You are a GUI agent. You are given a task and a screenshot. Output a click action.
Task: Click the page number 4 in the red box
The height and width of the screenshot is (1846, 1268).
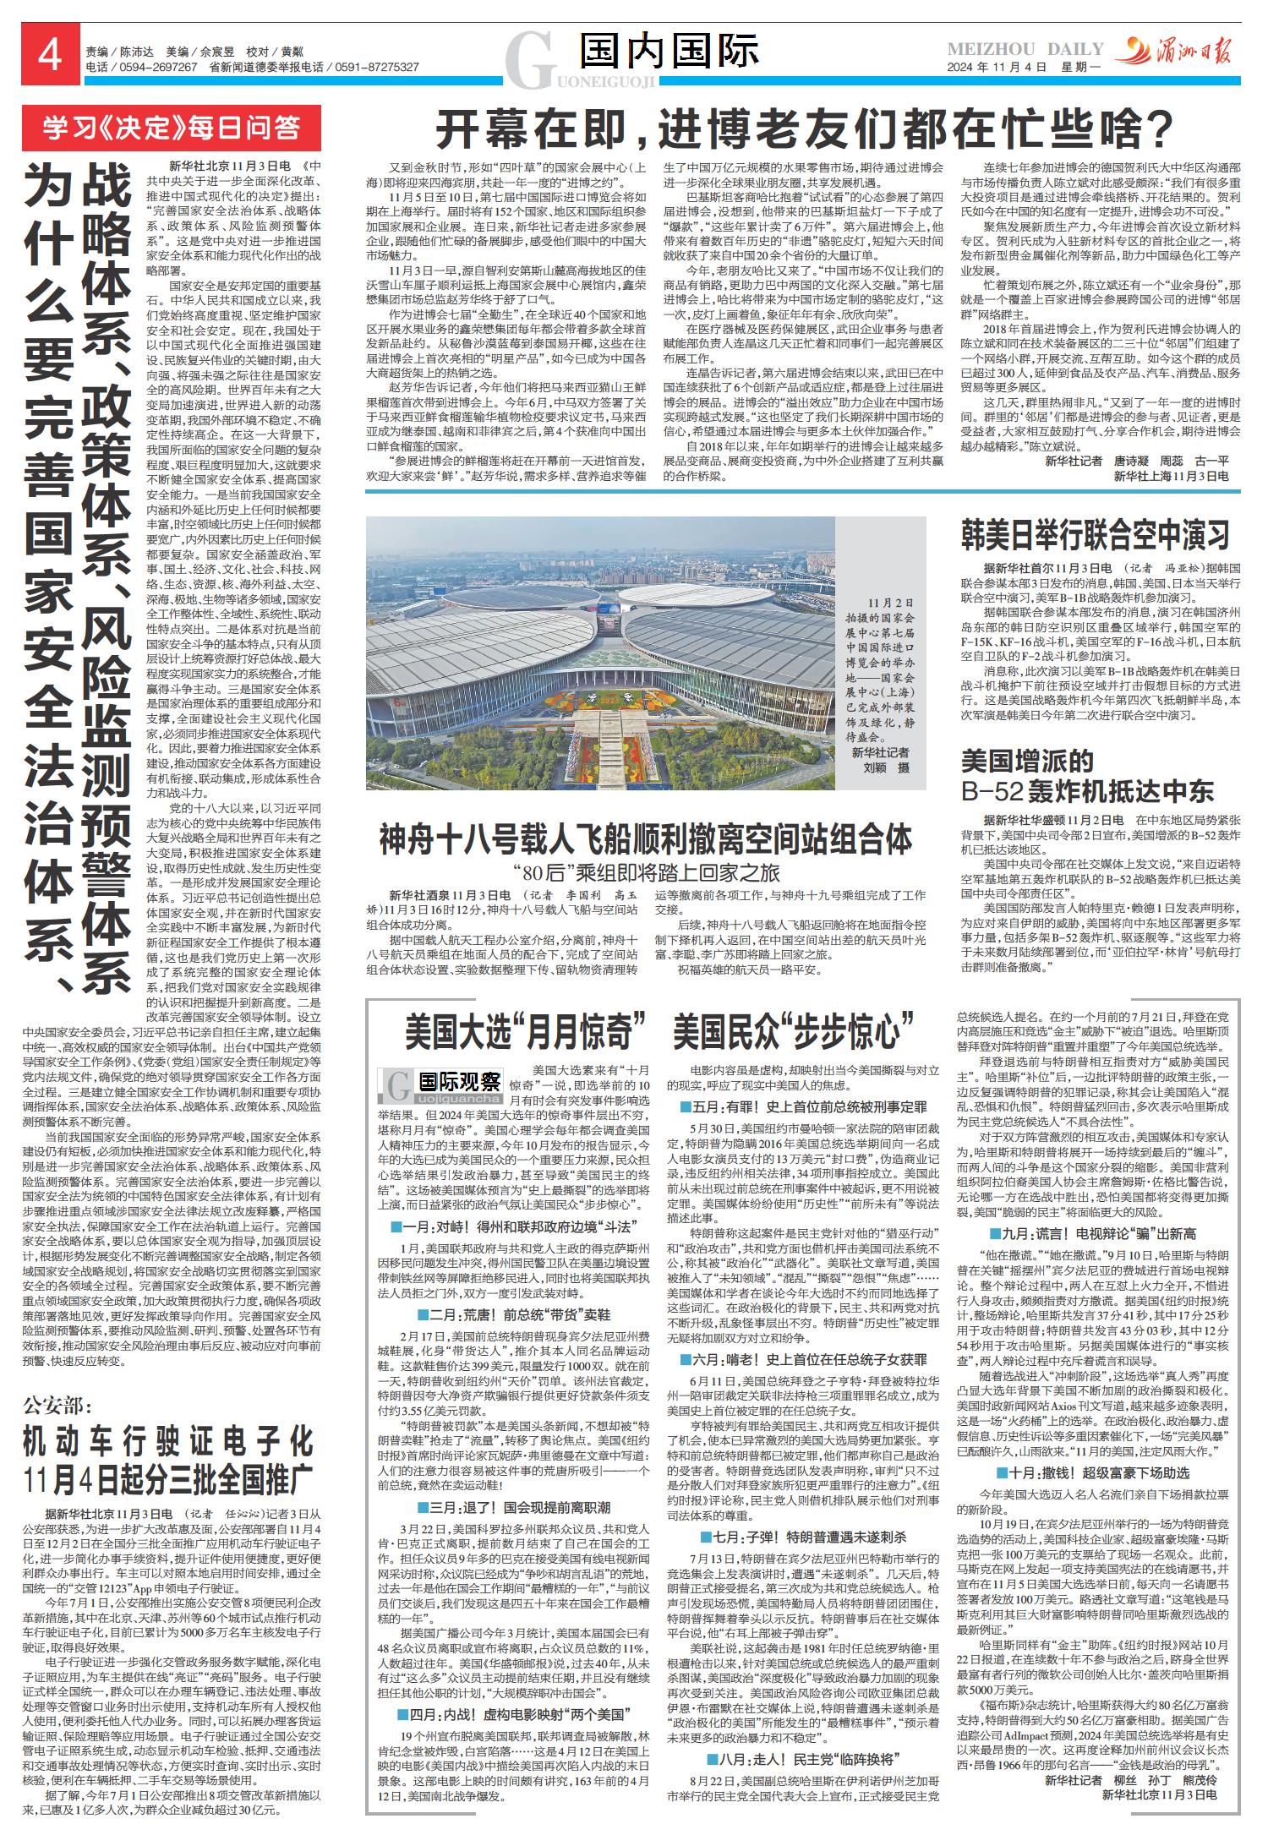(x=50, y=58)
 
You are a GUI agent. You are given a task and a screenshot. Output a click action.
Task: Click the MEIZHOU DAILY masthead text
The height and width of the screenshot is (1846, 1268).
(x=1025, y=49)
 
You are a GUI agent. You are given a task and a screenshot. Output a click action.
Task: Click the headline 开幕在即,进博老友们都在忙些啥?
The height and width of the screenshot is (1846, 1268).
(x=805, y=130)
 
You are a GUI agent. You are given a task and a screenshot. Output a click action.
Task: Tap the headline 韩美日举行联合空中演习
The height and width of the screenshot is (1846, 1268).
(x=1095, y=535)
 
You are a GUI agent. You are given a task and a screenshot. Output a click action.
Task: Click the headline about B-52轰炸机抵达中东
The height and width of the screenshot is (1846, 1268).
(x=1088, y=776)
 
